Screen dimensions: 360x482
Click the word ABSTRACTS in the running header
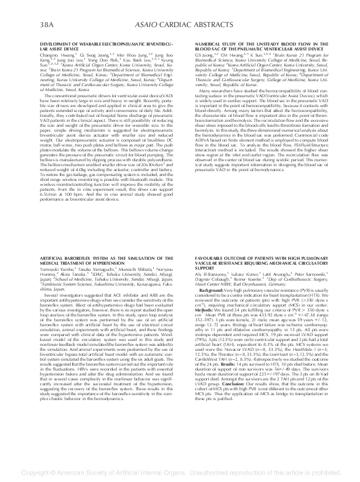(x=209, y=25)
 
